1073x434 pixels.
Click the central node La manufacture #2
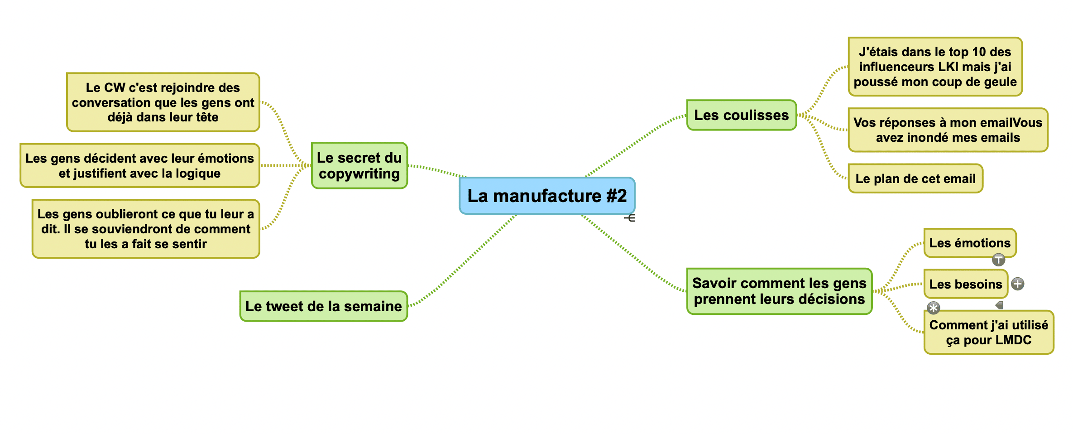pyautogui.click(x=547, y=196)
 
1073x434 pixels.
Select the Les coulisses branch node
pyautogui.click(x=741, y=115)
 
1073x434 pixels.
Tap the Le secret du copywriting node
pyautogui.click(x=359, y=165)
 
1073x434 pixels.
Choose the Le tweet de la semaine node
pyautogui.click(x=323, y=306)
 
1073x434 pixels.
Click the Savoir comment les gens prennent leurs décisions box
pyautogui.click(x=779, y=291)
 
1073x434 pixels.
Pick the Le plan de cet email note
pyautogui.click(x=915, y=178)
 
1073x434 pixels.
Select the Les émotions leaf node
pyautogui.click(x=970, y=243)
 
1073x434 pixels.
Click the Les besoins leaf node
pyautogui.click(x=965, y=284)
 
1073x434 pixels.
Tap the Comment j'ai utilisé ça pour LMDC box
pyautogui.click(x=988, y=332)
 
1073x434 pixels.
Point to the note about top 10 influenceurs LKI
pyautogui.click(x=935, y=67)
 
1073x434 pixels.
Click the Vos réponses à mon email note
pyautogui.click(x=948, y=130)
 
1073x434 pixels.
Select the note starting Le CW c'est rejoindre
pyautogui.click(x=163, y=102)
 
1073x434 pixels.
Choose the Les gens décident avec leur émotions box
pyautogui.click(x=139, y=165)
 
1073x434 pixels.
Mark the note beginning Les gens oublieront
pyautogui.click(x=145, y=229)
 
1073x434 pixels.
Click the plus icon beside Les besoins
pyautogui.click(x=1018, y=284)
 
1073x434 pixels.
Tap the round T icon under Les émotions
pyautogui.click(x=998, y=260)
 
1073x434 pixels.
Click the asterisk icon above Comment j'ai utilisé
pyautogui.click(x=933, y=308)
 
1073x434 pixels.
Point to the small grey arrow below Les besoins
pyautogui.click(x=999, y=305)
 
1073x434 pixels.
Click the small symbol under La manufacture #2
pyautogui.click(x=630, y=218)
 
